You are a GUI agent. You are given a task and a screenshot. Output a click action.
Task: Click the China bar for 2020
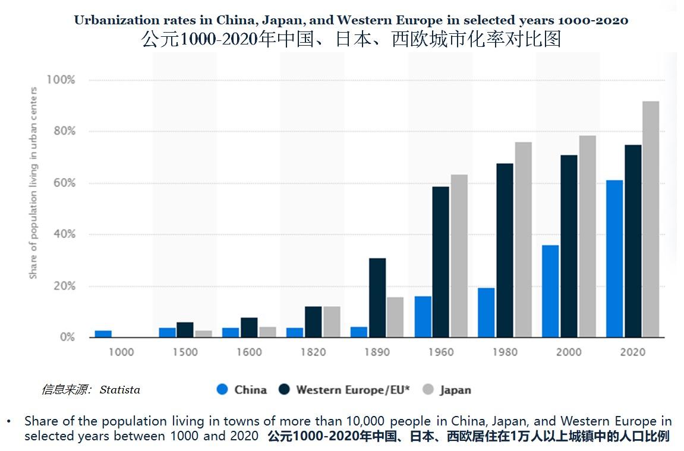click(x=614, y=259)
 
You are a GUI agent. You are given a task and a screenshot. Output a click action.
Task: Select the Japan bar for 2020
click(x=651, y=220)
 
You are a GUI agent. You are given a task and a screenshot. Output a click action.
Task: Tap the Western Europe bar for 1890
click(x=377, y=298)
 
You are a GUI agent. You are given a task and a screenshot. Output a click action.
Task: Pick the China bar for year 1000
click(x=103, y=334)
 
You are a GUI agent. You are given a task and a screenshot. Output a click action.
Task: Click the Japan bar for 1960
click(x=459, y=256)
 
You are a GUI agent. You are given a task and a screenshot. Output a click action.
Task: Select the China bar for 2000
click(x=550, y=291)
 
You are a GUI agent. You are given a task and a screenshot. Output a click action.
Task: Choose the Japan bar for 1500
click(x=203, y=334)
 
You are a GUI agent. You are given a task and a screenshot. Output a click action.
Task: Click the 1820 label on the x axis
click(x=313, y=352)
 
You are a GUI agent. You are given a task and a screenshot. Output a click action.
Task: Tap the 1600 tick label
click(x=249, y=352)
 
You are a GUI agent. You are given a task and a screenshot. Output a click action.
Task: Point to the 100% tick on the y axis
click(x=61, y=80)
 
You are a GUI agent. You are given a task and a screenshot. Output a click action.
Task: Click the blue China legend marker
click(x=222, y=390)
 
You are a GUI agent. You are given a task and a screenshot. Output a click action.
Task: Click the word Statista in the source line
click(x=120, y=390)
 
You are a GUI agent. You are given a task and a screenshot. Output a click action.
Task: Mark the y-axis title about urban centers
click(x=34, y=183)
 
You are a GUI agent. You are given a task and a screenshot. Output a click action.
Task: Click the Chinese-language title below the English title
click(x=351, y=39)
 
